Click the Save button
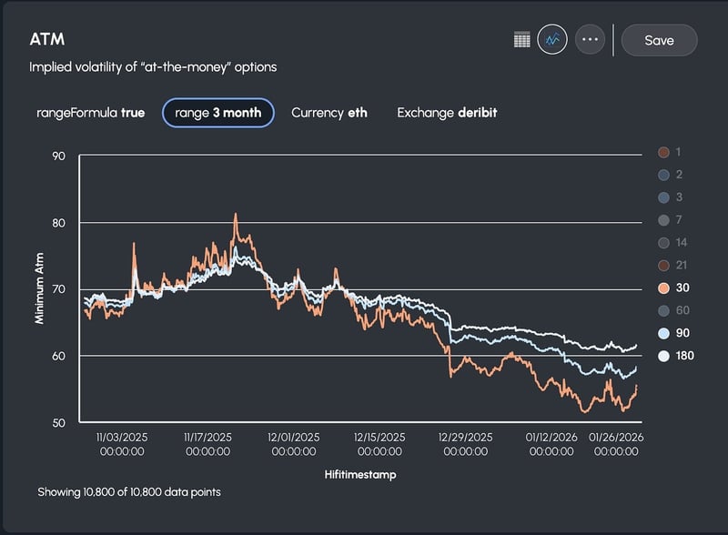(659, 40)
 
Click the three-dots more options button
(590, 40)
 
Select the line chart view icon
(552, 40)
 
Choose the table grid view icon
(522, 40)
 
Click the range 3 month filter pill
(218, 113)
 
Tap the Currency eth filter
(329, 113)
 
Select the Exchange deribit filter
(447, 113)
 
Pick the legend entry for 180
(673, 356)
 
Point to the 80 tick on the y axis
(60, 223)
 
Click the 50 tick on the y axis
(60, 422)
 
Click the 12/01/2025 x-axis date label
(294, 443)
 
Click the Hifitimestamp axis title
(359, 474)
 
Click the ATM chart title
(46, 40)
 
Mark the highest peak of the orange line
(236, 215)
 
